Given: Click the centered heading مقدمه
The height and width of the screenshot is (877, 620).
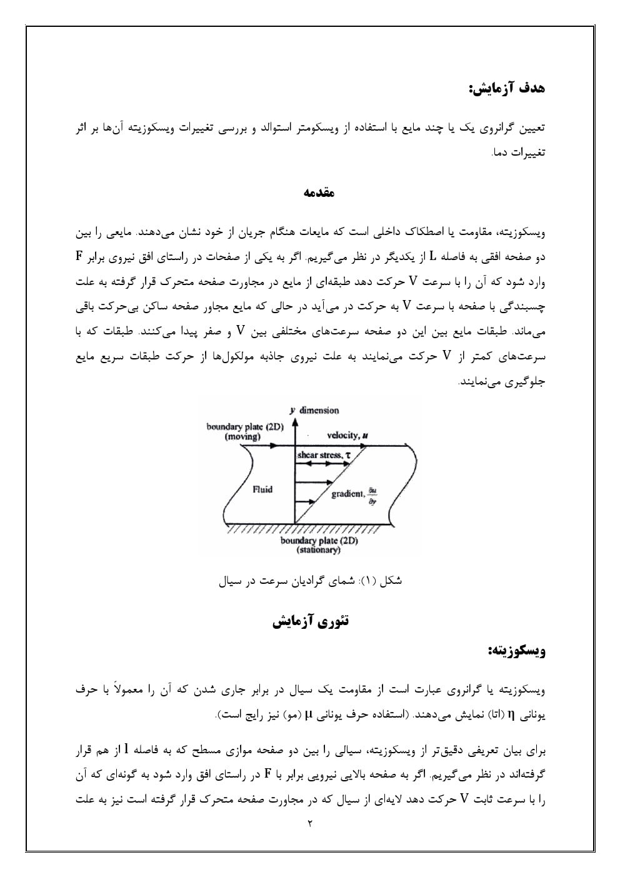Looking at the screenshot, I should [x=319, y=193].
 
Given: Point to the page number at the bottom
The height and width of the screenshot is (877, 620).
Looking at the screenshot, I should [x=310, y=823].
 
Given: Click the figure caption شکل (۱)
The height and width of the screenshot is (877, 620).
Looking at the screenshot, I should [x=311, y=581].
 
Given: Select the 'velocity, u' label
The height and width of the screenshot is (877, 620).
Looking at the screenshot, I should [x=347, y=435].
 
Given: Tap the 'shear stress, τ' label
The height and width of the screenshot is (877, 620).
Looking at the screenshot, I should [x=324, y=455].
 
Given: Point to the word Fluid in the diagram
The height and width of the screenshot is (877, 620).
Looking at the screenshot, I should [x=262, y=489].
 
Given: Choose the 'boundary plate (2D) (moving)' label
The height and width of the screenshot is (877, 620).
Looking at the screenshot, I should [x=245, y=431].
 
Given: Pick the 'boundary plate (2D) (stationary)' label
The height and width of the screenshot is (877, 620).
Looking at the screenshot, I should [x=319, y=545].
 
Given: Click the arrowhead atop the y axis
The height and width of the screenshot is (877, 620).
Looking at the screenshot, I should [x=294, y=411].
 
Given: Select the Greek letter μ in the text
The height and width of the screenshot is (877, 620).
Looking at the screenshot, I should [x=308, y=715].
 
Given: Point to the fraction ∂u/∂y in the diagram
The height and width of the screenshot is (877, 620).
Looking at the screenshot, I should [x=372, y=494].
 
